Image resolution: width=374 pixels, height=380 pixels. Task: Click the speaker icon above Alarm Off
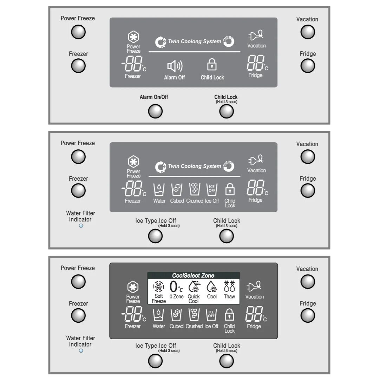175,66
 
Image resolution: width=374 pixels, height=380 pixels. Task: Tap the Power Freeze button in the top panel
78,32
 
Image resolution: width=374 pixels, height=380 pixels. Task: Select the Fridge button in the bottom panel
308,316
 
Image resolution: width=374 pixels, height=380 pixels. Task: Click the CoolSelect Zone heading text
193,276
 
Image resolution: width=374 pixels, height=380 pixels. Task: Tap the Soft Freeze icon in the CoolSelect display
159,287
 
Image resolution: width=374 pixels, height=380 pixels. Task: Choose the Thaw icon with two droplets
229,287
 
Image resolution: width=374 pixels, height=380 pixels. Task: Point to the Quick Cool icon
193,287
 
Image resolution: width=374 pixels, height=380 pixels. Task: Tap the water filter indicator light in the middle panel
81,226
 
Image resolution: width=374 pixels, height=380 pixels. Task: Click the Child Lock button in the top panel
226,111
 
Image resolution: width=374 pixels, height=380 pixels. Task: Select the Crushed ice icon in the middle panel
194,190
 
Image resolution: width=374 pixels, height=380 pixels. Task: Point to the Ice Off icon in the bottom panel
211,315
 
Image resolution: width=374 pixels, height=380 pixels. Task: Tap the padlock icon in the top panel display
211,65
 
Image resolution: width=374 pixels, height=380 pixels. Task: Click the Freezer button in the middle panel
78,191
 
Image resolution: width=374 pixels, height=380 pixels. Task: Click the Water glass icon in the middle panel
159,190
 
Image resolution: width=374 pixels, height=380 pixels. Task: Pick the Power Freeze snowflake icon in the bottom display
133,287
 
